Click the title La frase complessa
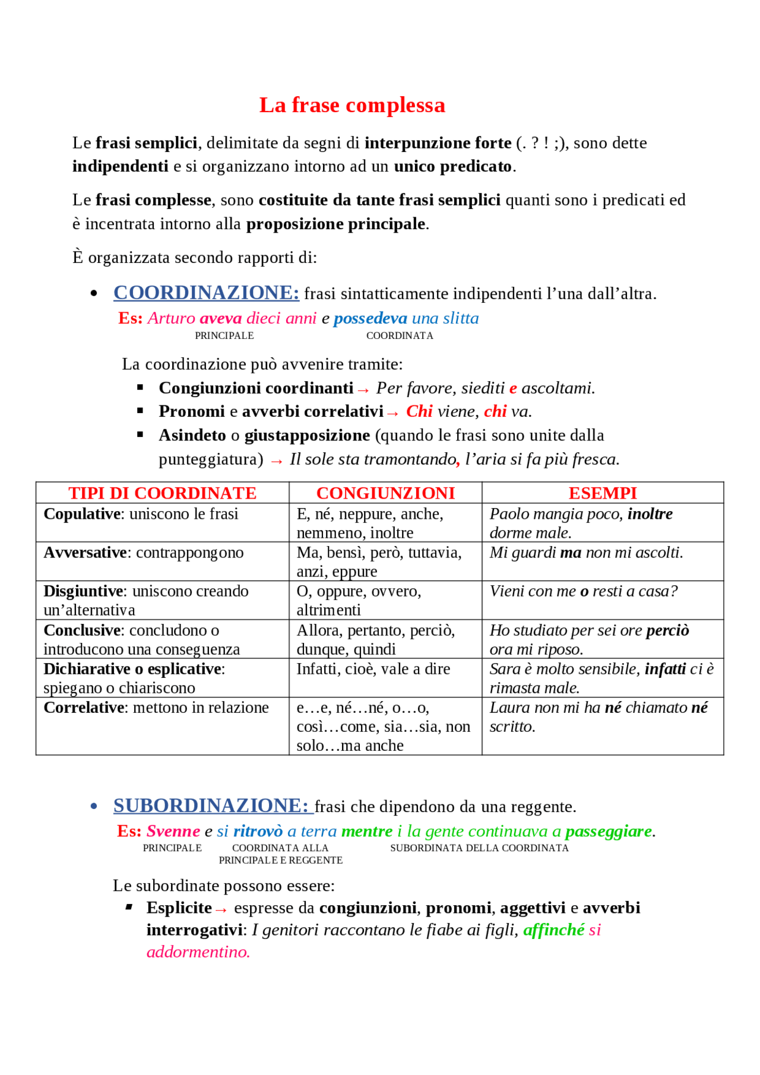351,105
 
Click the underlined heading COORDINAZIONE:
206,293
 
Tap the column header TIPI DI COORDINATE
162,493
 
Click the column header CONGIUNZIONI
385,493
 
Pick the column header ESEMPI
602,493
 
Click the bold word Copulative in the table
82,514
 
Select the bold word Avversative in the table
85,553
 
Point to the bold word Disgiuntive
83,591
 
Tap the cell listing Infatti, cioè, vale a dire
373,669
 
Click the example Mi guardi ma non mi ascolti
586,553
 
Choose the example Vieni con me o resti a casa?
583,591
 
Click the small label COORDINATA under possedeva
400,336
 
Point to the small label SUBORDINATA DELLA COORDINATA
479,848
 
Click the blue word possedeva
370,319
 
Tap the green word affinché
553,930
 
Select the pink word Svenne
173,832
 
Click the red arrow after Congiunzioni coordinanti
363,390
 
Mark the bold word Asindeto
192,436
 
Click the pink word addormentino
198,952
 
